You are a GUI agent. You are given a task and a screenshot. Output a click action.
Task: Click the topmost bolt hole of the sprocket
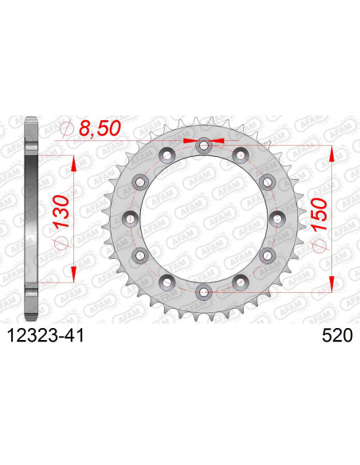click(203, 145)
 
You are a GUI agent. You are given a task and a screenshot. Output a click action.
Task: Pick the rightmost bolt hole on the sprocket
click(276, 217)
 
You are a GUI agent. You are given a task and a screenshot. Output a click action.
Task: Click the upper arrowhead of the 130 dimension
click(74, 162)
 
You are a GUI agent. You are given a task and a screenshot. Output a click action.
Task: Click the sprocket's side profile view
click(31, 217)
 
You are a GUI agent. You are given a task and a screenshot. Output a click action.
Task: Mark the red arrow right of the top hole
click(217, 140)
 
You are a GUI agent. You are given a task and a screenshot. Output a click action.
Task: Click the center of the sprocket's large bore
click(203, 217)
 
